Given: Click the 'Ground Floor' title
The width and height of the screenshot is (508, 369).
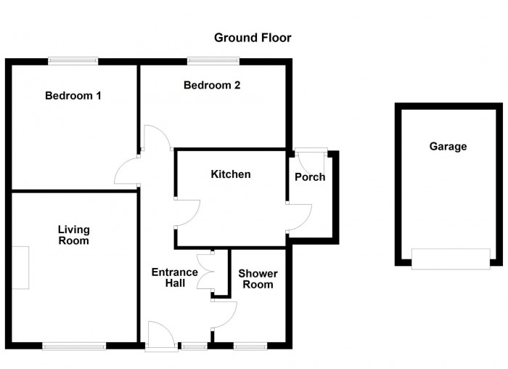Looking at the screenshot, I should click(x=253, y=37).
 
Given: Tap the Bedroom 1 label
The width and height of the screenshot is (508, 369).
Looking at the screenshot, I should click(x=73, y=96).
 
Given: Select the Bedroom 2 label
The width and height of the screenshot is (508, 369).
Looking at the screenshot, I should click(x=212, y=86).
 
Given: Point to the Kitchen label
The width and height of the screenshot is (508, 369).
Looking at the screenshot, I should click(x=230, y=174).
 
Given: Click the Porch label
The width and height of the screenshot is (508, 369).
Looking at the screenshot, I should click(x=310, y=177).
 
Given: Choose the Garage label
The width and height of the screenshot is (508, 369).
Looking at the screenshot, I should click(x=448, y=147).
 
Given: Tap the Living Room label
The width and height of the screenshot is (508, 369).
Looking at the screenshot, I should click(x=74, y=235).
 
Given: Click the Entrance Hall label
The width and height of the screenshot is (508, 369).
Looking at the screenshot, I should click(x=174, y=277).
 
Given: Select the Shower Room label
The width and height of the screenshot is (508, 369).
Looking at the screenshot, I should click(x=258, y=279).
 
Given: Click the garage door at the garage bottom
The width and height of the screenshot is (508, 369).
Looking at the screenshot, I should click(x=450, y=259).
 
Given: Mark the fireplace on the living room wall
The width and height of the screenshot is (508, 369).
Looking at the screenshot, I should click(x=20, y=268).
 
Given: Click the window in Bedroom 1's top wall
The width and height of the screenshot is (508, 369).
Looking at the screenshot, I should click(x=73, y=61).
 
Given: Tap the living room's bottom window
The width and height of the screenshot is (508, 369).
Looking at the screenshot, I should click(x=74, y=346).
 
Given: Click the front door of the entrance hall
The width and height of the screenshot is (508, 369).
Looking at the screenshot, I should click(x=160, y=338).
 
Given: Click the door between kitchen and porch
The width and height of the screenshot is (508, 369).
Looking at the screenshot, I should click(x=298, y=218).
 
